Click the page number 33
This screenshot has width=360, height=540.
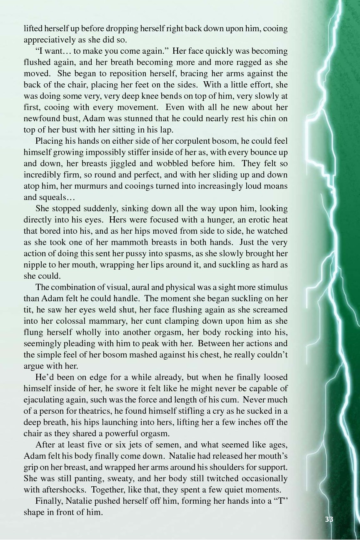(329, 519)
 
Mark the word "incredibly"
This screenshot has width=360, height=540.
(43, 175)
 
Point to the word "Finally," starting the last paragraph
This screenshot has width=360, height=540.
(50, 501)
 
